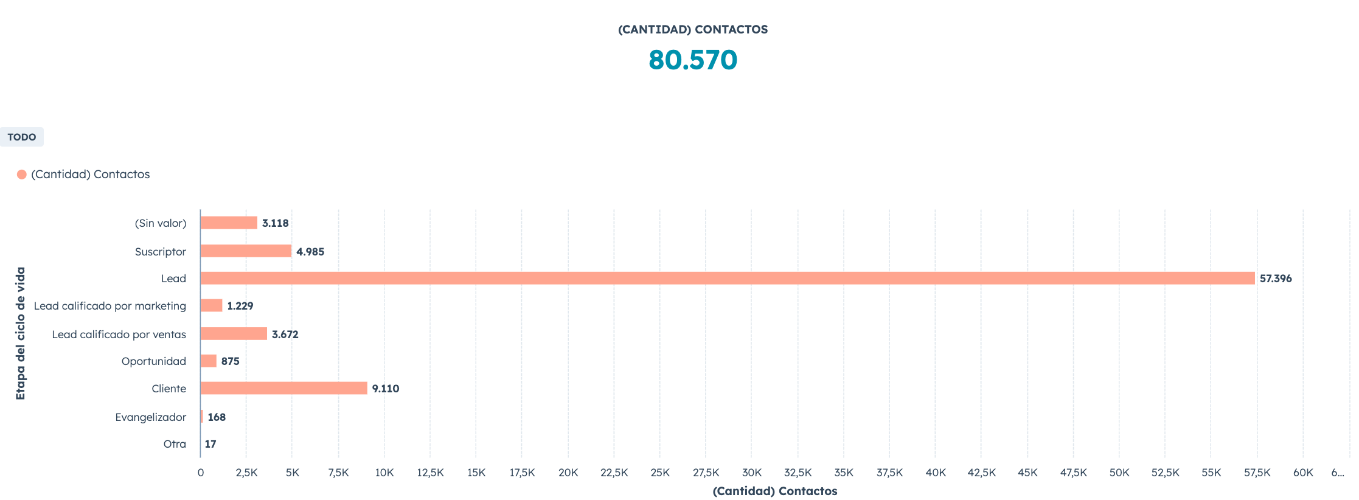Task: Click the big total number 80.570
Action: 692,60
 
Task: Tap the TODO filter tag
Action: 22,137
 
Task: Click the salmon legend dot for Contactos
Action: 22,175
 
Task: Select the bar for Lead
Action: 727,278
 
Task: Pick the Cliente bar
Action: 283,388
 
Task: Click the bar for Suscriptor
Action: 246,251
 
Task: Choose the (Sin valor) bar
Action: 229,223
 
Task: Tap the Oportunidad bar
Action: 208,361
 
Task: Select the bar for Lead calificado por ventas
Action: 234,333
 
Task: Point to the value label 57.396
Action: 1275,279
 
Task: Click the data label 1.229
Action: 240,306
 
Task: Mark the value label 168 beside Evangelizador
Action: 217,417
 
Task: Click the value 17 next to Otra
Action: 210,444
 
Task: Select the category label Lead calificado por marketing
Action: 110,306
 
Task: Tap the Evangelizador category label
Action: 150,417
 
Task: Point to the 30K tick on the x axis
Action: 752,473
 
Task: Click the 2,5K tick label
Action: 246,473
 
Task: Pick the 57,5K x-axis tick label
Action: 1257,473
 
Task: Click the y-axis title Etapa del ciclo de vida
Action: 21,333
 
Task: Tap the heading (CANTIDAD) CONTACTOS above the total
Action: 692,29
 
